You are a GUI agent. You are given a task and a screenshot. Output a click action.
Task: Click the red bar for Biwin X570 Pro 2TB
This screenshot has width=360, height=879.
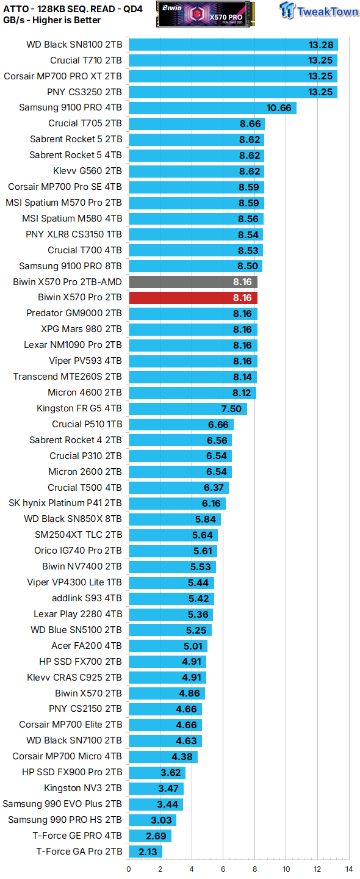[x=193, y=297]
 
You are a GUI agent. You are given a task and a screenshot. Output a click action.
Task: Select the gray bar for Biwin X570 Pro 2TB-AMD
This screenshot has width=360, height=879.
[x=193, y=281]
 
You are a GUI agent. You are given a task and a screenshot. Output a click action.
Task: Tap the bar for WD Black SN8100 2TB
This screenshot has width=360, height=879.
[x=233, y=45]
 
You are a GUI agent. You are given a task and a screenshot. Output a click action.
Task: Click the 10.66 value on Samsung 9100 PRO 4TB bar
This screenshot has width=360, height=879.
[x=279, y=108]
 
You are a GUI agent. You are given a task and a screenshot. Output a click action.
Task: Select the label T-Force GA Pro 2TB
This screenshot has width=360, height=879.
[x=79, y=852]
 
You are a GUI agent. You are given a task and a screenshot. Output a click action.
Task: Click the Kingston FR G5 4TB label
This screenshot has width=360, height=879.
[x=79, y=408]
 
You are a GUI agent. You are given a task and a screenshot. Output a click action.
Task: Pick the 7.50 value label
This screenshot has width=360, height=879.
[x=231, y=408]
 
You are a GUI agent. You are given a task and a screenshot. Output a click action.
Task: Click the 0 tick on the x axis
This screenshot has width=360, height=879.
[x=129, y=869]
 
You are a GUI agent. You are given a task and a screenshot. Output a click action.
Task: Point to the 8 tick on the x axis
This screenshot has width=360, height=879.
[x=254, y=869]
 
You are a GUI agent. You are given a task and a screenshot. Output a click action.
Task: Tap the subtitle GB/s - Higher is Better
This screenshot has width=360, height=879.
[x=52, y=20]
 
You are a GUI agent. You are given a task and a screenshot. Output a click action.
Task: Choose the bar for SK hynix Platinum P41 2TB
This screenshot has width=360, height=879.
[x=177, y=504]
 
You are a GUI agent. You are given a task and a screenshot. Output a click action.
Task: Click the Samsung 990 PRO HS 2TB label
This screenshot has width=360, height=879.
[x=65, y=820]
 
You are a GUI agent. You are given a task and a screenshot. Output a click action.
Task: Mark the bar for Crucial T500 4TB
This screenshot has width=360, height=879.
[x=179, y=488]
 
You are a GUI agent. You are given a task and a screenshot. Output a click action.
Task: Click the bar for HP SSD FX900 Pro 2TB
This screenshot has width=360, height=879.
[x=157, y=772]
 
